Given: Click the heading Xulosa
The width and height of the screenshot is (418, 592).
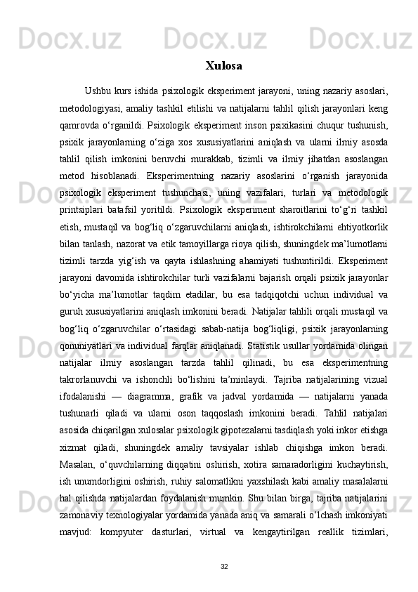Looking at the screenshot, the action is coord(224,66).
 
